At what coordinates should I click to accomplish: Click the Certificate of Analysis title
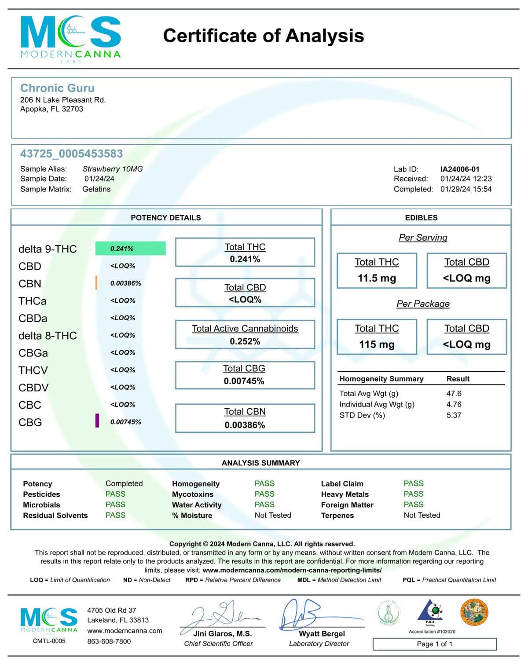click(x=263, y=36)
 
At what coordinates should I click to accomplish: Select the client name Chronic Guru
click(x=57, y=88)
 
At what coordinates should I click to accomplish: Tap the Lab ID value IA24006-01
click(x=460, y=169)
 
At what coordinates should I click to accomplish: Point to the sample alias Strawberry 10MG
click(x=113, y=169)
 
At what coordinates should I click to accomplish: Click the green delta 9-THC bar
click(x=130, y=249)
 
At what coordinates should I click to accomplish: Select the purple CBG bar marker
click(x=97, y=421)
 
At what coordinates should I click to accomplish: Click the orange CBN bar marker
click(x=96, y=283)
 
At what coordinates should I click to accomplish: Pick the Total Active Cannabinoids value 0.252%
click(x=245, y=341)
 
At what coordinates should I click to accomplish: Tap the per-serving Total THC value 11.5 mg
click(x=377, y=278)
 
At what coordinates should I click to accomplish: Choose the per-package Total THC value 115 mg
click(x=377, y=344)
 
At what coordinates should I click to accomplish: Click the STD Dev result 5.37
click(x=454, y=415)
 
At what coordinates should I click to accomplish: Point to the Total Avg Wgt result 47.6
click(x=454, y=394)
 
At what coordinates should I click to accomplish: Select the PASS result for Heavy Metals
click(x=414, y=494)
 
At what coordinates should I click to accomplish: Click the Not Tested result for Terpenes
click(x=422, y=515)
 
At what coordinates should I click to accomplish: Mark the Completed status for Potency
click(x=124, y=483)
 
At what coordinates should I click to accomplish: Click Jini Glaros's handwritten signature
click(x=222, y=615)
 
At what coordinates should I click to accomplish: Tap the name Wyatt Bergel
click(x=322, y=634)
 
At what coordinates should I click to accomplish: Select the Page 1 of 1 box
click(x=434, y=644)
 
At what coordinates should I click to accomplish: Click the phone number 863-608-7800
click(x=109, y=641)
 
